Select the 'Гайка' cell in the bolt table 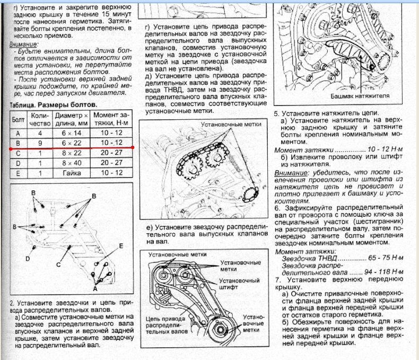click(x=72, y=172)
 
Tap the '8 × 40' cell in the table click(x=72, y=163)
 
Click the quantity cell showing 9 click(x=39, y=143)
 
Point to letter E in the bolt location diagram click(x=121, y=246)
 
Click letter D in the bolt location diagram click(x=27, y=258)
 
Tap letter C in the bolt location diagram click(x=60, y=264)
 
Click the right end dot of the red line click(x=132, y=147)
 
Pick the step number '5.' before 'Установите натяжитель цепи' click(x=277, y=113)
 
